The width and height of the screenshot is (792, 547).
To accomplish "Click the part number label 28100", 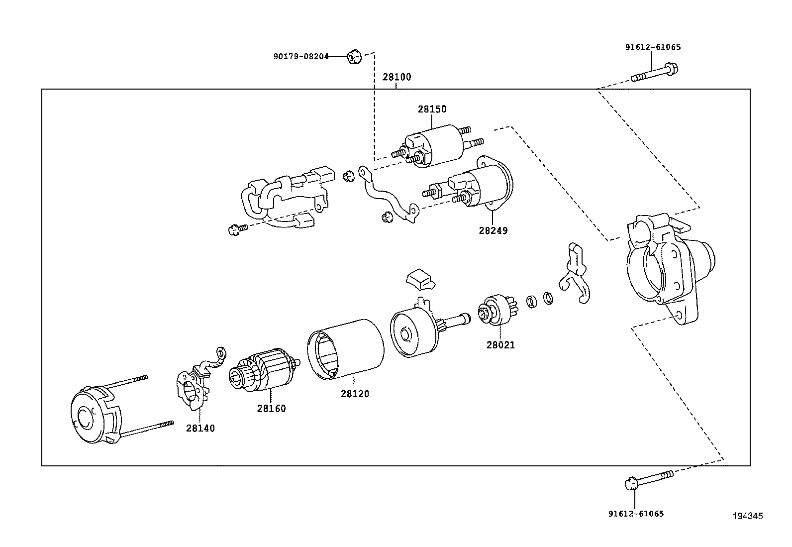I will [396, 78].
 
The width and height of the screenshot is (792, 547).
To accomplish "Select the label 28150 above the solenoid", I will [432, 109].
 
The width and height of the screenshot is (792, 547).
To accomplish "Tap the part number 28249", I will [494, 231].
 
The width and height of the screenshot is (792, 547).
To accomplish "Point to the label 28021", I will [500, 344].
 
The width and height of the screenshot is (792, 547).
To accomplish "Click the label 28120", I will [355, 394].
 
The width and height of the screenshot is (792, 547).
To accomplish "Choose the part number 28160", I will [271, 409].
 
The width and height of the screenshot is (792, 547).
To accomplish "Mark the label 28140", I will [200, 428].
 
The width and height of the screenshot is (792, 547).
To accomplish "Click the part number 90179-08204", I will [300, 57].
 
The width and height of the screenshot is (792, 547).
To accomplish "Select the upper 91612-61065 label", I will [652, 47].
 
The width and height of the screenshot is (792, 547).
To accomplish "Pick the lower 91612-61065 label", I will [636, 514].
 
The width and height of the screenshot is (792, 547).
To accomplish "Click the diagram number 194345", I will [747, 516].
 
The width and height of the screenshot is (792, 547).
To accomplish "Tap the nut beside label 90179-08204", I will [353, 57].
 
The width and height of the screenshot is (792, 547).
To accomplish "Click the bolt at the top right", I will [655, 74].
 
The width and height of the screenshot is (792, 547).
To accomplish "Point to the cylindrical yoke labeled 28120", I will [346, 348].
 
